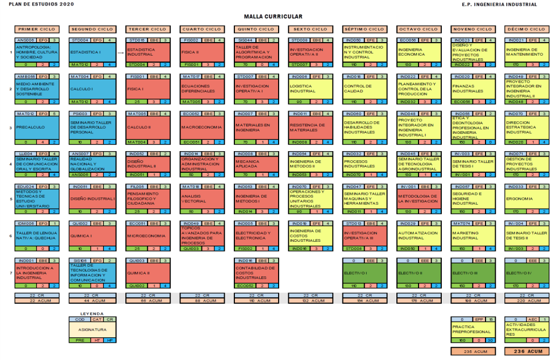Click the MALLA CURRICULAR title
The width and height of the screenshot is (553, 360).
pyautogui.click(x=273, y=17)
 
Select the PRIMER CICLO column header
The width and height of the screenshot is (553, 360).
pyautogui.click(x=37, y=29)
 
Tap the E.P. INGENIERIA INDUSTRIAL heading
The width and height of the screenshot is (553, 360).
pyautogui.click(x=499, y=4)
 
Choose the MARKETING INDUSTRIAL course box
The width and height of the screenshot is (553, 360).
pyautogui.click(x=471, y=236)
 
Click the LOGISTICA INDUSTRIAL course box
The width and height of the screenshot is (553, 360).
pyautogui.click(x=309, y=89)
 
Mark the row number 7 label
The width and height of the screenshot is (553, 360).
pyautogui.click(x=11, y=271)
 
